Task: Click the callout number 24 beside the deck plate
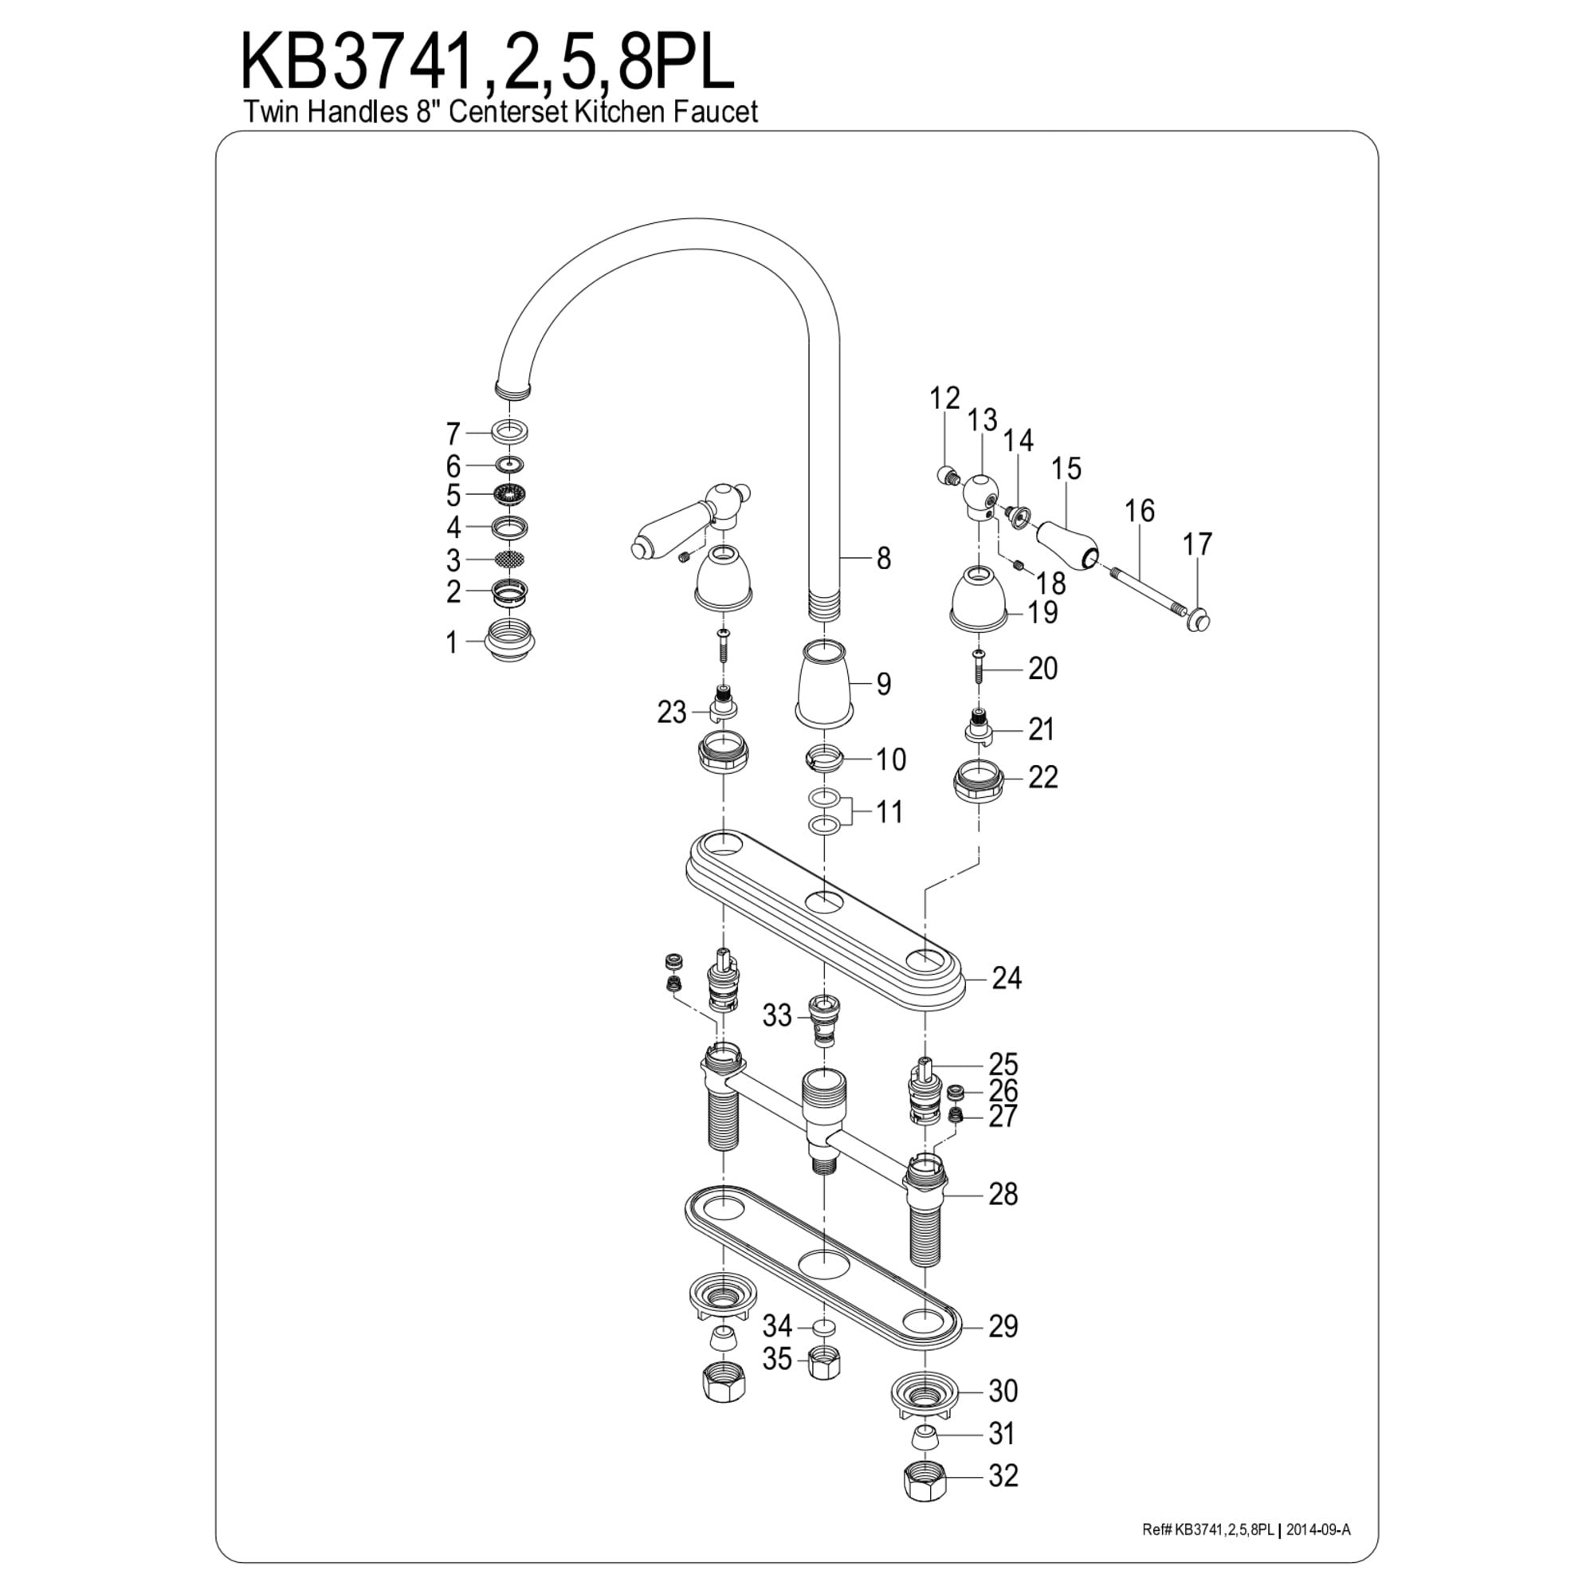point(1007,979)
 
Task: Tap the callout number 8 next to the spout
point(884,559)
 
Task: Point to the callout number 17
point(1197,544)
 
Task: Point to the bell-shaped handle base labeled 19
point(978,597)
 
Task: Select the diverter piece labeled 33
point(823,1019)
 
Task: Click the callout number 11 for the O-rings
point(889,812)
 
